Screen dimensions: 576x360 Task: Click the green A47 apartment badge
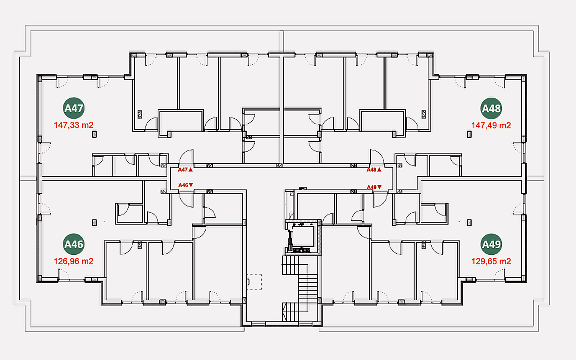tap(74, 108)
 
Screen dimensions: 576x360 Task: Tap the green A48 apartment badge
tap(491, 108)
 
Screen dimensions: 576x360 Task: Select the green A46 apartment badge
tap(74, 244)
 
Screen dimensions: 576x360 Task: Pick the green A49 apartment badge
tap(491, 244)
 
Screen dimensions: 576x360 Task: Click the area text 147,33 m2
tap(74, 125)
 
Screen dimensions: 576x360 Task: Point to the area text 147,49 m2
tap(491, 125)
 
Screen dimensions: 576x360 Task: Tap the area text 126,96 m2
tap(74, 261)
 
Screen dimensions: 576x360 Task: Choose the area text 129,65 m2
tap(491, 261)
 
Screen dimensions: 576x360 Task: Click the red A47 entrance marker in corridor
tap(185, 170)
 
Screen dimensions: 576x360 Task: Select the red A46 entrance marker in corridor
tap(186, 185)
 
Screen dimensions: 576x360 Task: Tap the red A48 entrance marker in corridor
tap(374, 170)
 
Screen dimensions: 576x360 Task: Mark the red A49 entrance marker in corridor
tap(374, 187)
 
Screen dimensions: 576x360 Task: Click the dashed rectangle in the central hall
tap(254, 282)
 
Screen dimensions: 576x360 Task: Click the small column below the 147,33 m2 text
tap(94, 134)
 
